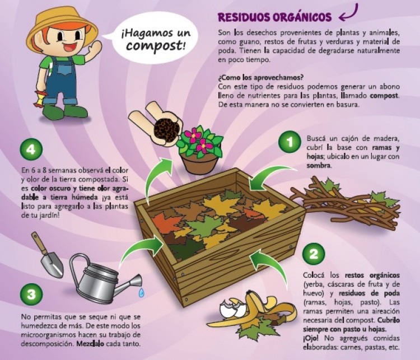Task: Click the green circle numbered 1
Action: click(x=290, y=142)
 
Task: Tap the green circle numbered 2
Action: click(x=314, y=254)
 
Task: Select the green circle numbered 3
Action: click(x=31, y=294)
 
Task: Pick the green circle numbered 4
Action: click(x=31, y=149)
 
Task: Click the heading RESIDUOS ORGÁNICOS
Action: click(x=274, y=17)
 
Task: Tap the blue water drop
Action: click(x=141, y=292)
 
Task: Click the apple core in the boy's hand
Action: click(x=40, y=99)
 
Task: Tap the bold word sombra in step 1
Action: click(x=319, y=165)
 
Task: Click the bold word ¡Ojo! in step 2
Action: click(x=311, y=339)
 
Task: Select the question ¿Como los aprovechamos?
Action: click(x=260, y=78)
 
